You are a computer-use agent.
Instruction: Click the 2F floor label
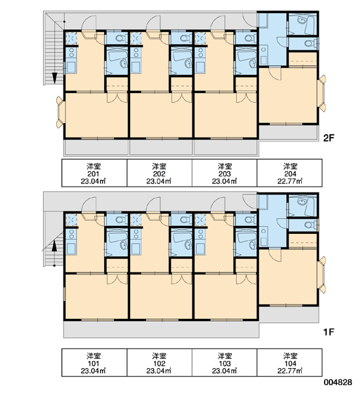pyautogui.click(x=329, y=138)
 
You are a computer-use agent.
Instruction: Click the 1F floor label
pyautogui.click(x=329, y=332)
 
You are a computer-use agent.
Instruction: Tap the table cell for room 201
pyautogui.click(x=94, y=173)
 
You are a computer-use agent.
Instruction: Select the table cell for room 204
pyautogui.click(x=289, y=173)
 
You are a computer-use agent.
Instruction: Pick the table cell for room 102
pyautogui.click(x=159, y=362)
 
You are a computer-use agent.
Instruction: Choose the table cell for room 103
pyautogui.click(x=225, y=362)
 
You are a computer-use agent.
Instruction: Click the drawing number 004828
pyautogui.click(x=338, y=383)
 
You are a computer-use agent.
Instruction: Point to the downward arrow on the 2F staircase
pyautogui.click(x=54, y=78)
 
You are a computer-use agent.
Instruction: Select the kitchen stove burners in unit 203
pyautogui.click(x=200, y=52)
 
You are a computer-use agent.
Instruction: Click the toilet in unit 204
pyautogui.click(x=310, y=43)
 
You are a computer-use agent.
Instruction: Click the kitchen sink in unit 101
pyautogui.click(x=71, y=249)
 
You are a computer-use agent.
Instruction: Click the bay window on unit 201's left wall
pyautogui.click(x=60, y=112)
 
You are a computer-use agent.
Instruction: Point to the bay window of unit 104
pyautogui.click(x=321, y=275)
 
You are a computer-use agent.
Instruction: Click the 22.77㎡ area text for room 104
pyautogui.click(x=290, y=371)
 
